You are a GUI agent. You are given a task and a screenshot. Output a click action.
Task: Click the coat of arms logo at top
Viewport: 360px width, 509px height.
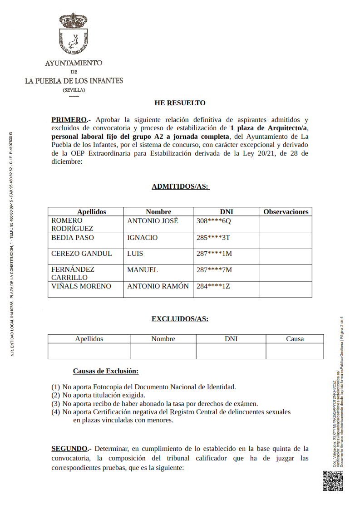[74, 34]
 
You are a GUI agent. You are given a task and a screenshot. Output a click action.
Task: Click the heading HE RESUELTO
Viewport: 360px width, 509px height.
[180, 103]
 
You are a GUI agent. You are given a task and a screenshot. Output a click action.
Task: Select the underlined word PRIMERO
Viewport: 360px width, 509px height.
[69, 120]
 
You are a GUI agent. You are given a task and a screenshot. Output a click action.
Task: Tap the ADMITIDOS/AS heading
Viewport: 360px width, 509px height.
[180, 186]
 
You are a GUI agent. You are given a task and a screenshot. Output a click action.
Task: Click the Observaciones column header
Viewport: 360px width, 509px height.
[286, 212]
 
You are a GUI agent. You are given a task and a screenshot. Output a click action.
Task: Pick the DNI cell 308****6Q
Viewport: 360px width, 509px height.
[214, 221]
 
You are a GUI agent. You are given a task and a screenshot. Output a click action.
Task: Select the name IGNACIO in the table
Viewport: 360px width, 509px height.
[142, 238]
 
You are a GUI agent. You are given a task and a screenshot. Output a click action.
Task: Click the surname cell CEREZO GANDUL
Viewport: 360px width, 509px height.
[81, 254]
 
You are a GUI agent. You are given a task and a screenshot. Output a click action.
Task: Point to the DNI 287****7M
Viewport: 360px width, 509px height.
[214, 270]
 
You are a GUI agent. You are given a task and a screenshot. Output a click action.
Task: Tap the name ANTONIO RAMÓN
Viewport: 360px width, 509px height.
[158, 286]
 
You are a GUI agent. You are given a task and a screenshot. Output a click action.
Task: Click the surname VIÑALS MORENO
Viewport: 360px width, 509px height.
[81, 286]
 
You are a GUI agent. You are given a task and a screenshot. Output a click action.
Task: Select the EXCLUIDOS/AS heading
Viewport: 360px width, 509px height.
[180, 319]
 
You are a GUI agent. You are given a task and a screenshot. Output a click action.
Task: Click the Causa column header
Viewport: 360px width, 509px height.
[295, 339]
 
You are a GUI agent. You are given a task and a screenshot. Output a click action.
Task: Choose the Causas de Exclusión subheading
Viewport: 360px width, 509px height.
[106, 371]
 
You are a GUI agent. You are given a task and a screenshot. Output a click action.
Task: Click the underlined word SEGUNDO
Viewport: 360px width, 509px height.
[69, 449]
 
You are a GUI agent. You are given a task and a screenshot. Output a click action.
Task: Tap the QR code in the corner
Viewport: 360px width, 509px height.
[332, 481]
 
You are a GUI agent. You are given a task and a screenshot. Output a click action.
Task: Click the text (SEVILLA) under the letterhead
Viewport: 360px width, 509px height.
[74, 90]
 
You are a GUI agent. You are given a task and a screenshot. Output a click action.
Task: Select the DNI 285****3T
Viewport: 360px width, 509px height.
[213, 238]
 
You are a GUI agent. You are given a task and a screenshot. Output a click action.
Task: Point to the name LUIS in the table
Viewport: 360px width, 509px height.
[134, 254]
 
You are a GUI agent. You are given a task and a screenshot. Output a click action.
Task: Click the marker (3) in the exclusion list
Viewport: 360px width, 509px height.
[55, 403]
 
